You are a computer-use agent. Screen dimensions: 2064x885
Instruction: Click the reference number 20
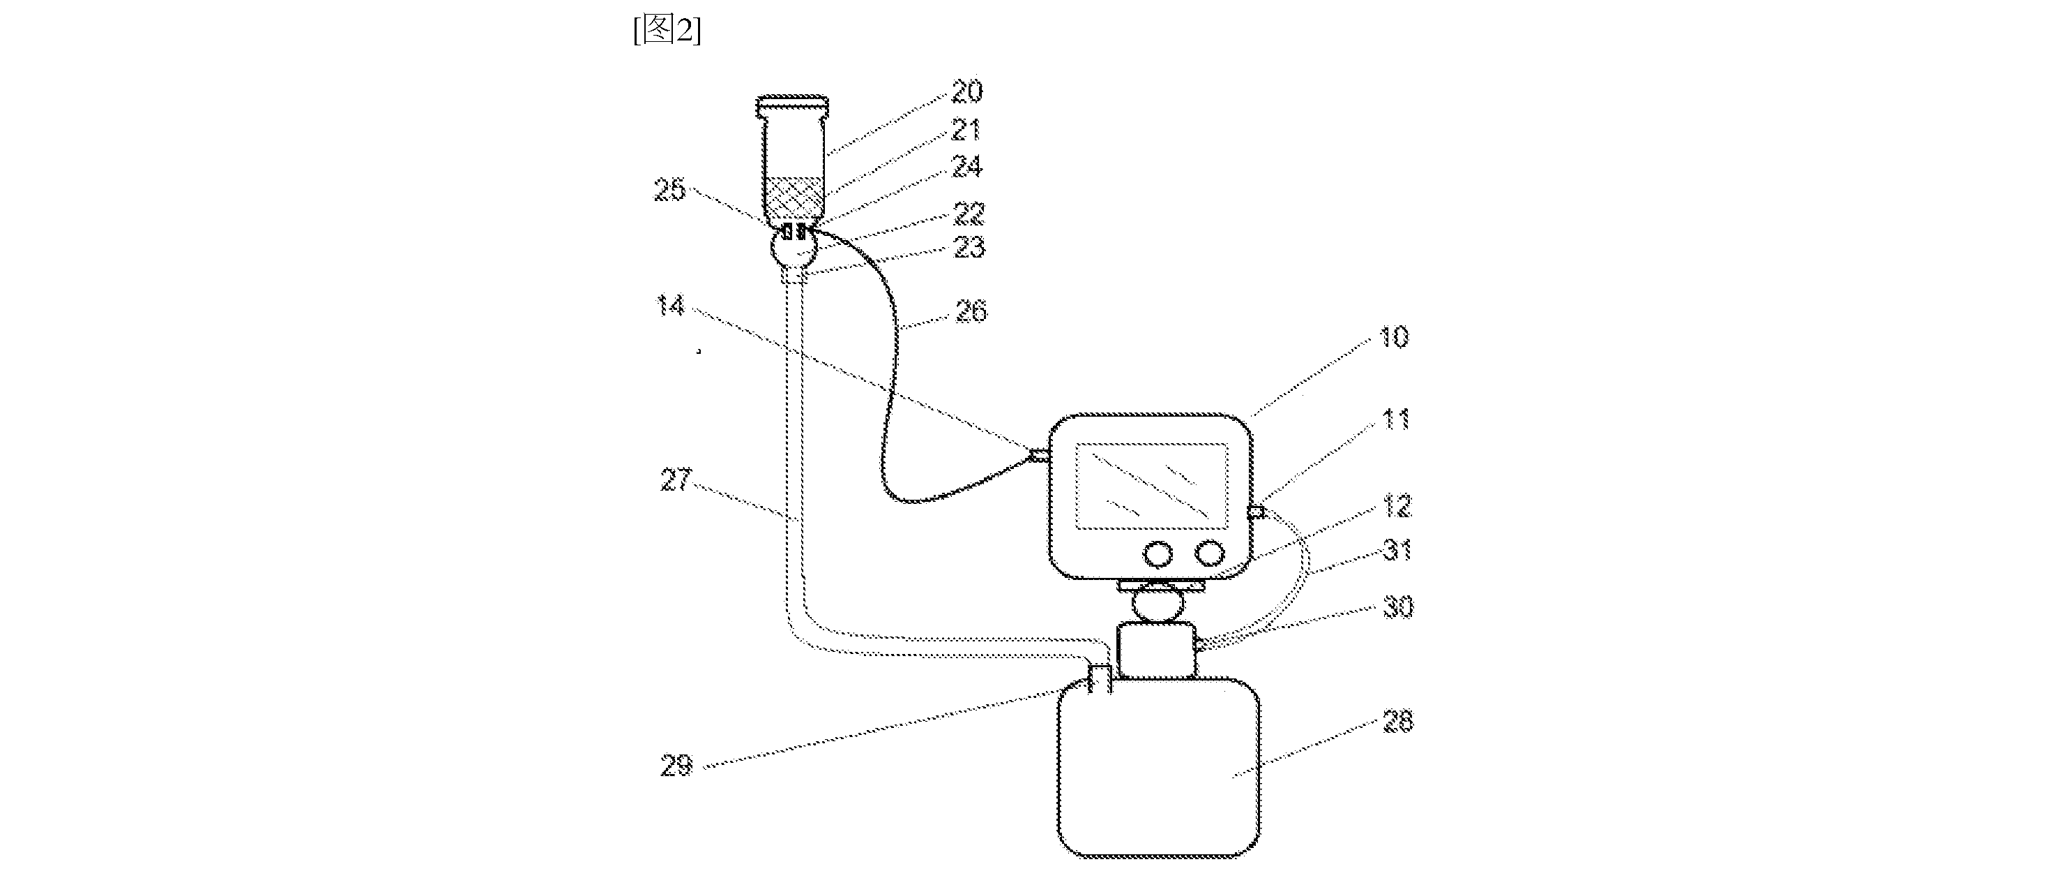[966, 91]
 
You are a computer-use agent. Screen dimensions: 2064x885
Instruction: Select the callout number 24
[966, 167]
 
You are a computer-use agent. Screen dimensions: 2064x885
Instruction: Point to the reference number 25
[671, 190]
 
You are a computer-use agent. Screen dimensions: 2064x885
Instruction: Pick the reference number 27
[676, 479]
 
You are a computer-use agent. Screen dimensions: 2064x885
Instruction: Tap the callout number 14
[671, 306]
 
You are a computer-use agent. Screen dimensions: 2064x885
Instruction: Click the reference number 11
[1397, 419]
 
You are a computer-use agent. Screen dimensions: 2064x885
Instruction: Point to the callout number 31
[1397, 550]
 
